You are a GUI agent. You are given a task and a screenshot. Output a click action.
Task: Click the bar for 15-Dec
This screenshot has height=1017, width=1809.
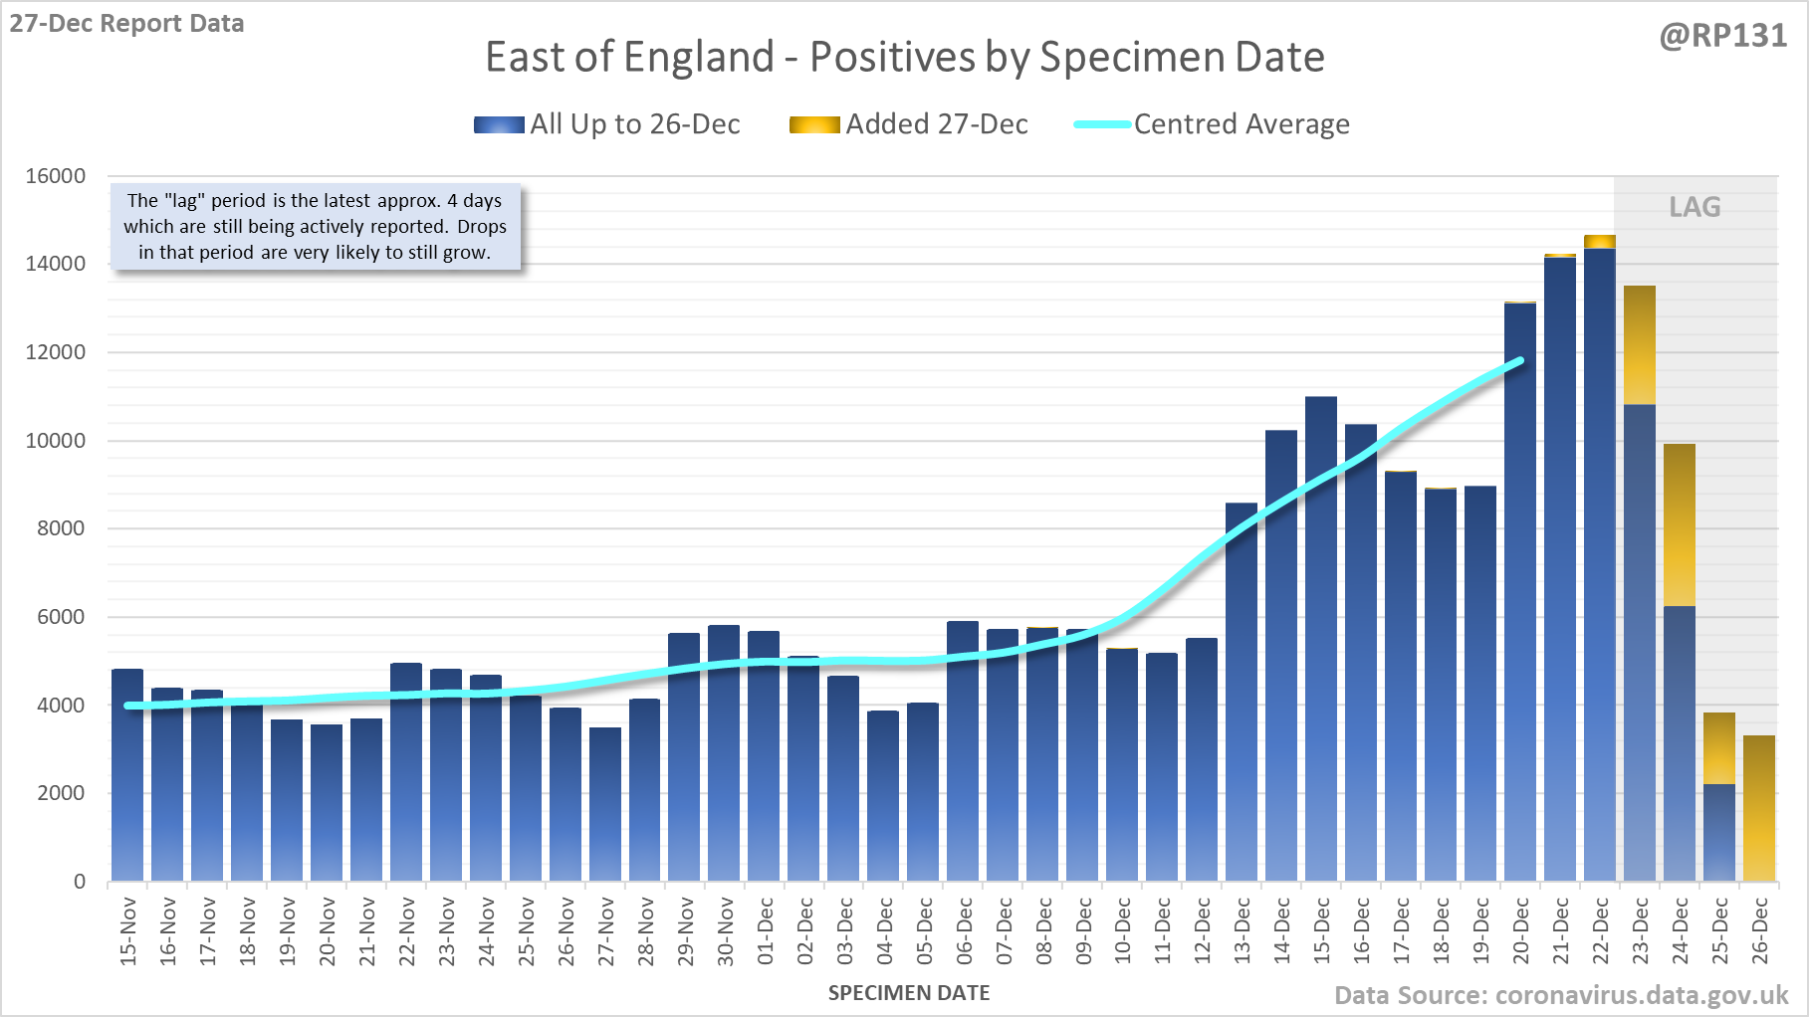tap(1321, 637)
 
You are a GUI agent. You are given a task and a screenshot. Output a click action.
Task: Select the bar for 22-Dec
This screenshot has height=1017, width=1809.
tap(1600, 567)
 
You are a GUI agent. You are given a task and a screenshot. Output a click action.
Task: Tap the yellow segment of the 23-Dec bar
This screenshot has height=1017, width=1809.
tap(1640, 344)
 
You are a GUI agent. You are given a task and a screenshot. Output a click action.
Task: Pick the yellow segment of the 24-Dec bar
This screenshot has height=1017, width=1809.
tap(1680, 524)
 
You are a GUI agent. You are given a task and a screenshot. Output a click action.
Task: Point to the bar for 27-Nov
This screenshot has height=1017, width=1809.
tap(605, 804)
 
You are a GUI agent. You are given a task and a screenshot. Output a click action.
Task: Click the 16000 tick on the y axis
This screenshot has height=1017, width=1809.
tap(56, 176)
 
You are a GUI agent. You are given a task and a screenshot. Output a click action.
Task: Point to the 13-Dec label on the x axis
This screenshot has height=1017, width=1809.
tap(1243, 931)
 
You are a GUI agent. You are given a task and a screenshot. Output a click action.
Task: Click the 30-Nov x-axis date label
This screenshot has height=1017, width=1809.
tap(726, 931)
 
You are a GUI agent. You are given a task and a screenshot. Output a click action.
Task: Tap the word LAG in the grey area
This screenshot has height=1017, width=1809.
tap(1695, 207)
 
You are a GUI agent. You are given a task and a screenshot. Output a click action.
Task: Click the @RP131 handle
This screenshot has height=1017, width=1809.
tap(1722, 36)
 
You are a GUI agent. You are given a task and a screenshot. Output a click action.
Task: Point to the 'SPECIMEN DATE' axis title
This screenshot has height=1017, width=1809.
tap(909, 993)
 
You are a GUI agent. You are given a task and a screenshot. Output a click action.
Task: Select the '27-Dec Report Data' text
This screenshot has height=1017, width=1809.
tap(126, 24)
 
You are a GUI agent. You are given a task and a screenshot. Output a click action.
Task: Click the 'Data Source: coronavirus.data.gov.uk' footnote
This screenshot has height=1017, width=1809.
tap(1560, 995)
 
